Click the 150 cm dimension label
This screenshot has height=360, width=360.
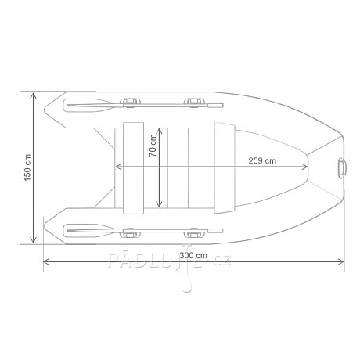tap(27, 167)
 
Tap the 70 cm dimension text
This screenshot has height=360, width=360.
tap(153, 146)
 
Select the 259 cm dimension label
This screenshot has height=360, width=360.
tap(262, 160)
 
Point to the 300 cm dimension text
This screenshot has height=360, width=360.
tap(193, 255)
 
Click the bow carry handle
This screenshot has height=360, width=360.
tap(342, 168)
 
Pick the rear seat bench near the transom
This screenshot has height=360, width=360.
tap(133, 168)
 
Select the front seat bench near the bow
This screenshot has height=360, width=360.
tap(225, 168)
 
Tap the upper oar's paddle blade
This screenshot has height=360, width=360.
tap(88, 105)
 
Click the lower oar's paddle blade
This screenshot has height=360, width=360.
tap(88, 231)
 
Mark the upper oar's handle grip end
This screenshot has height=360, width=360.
tap(215, 106)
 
